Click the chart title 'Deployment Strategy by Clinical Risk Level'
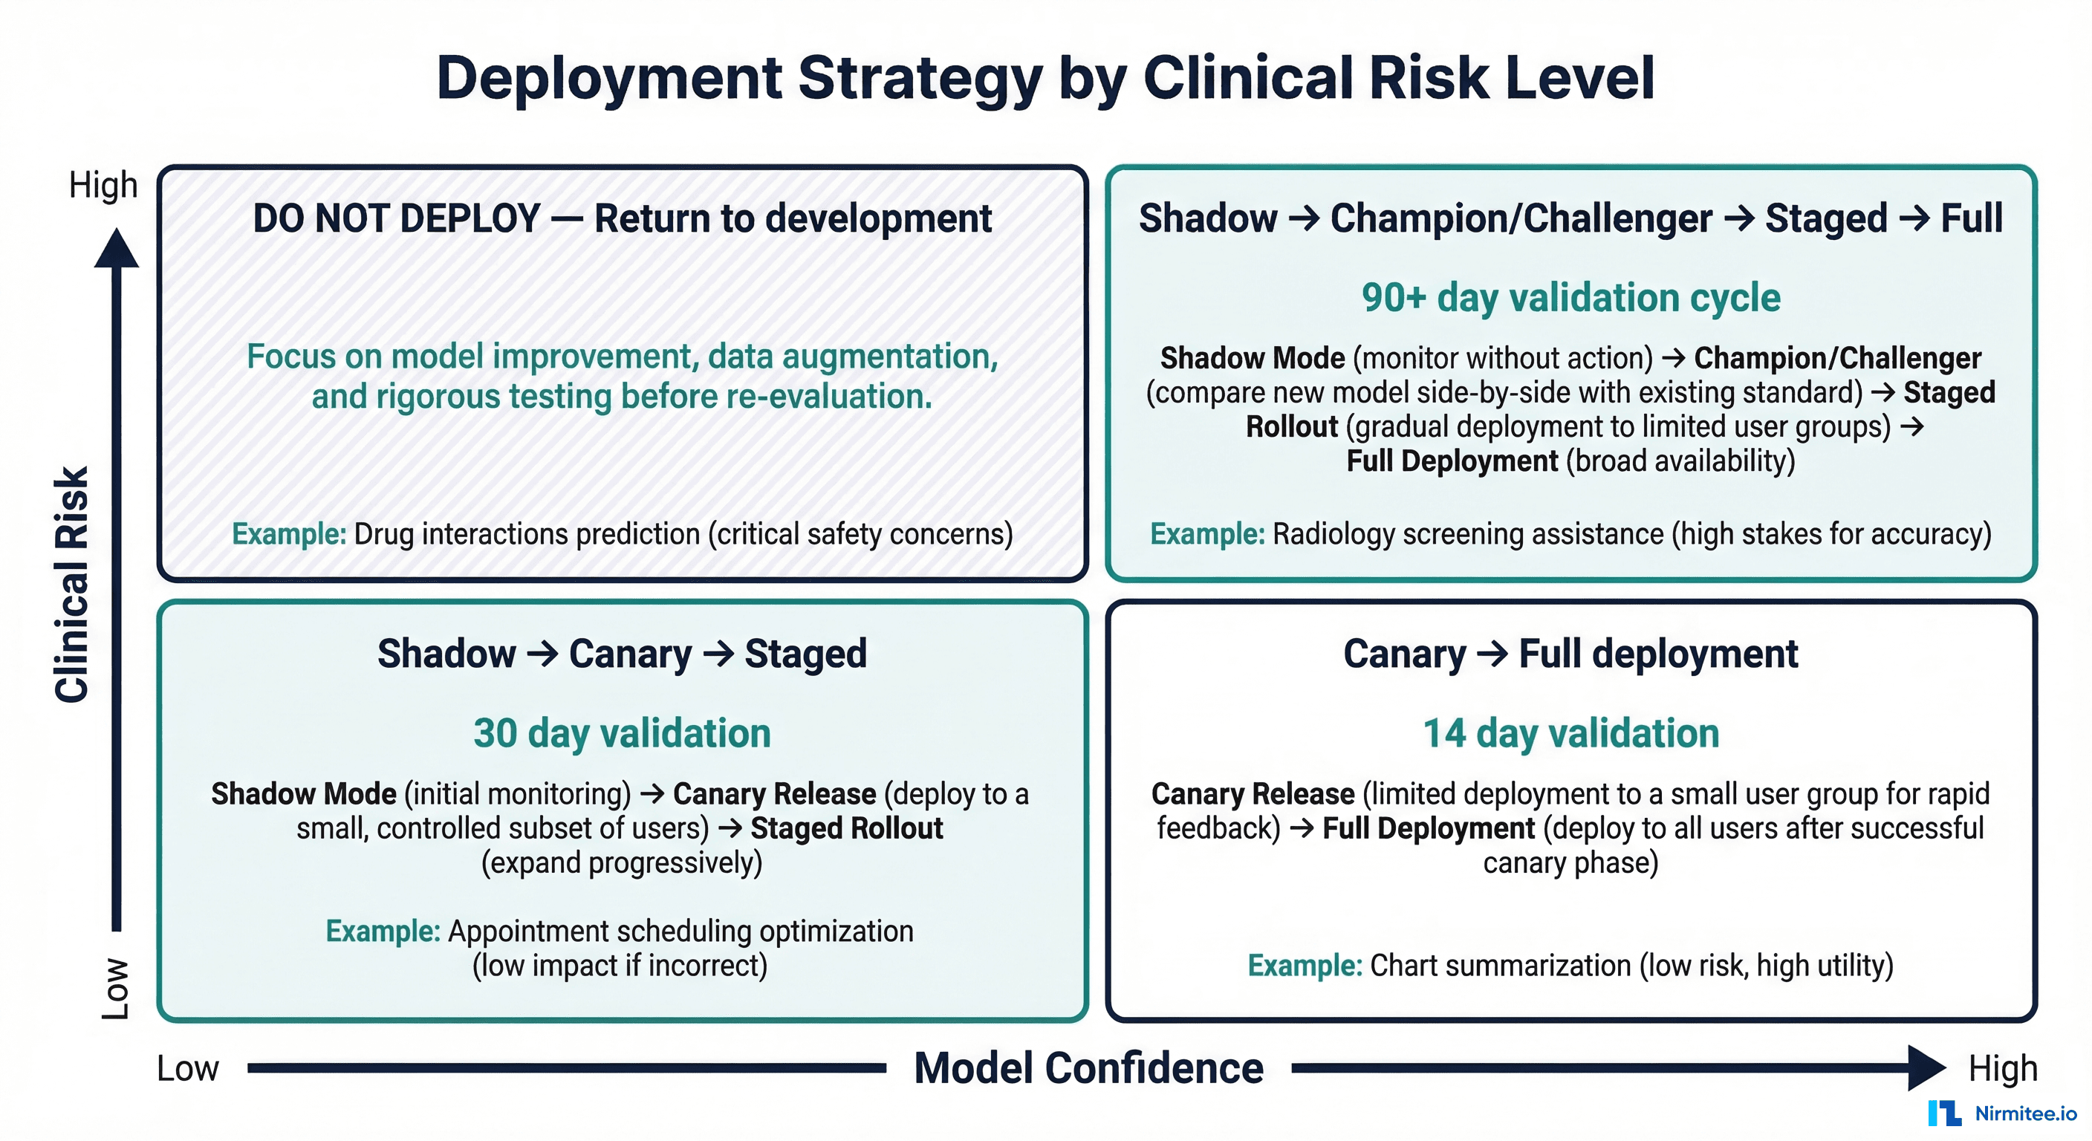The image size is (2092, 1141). click(x=1045, y=78)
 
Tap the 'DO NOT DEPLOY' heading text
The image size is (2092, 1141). click(x=395, y=218)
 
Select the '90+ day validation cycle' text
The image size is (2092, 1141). click(x=1570, y=297)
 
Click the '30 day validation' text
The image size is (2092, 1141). click(x=622, y=732)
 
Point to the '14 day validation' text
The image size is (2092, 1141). click(x=1570, y=732)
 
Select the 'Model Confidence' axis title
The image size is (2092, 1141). click(x=1088, y=1067)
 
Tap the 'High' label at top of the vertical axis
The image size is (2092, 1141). click(x=103, y=185)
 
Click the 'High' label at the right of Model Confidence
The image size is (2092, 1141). click(x=2003, y=1068)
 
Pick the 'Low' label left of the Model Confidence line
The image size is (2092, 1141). click(x=188, y=1068)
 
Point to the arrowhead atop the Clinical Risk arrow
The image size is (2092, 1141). click(x=117, y=249)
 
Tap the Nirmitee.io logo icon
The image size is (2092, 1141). click(x=1944, y=1113)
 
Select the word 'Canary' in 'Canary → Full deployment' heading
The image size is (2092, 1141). click(x=1404, y=654)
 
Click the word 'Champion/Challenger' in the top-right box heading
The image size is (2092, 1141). click(x=1520, y=218)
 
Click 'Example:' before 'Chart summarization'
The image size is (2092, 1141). click(x=1305, y=965)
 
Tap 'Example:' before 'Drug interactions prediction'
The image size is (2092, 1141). click(x=289, y=533)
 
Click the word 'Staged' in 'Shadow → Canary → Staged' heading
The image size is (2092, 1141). click(x=805, y=654)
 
